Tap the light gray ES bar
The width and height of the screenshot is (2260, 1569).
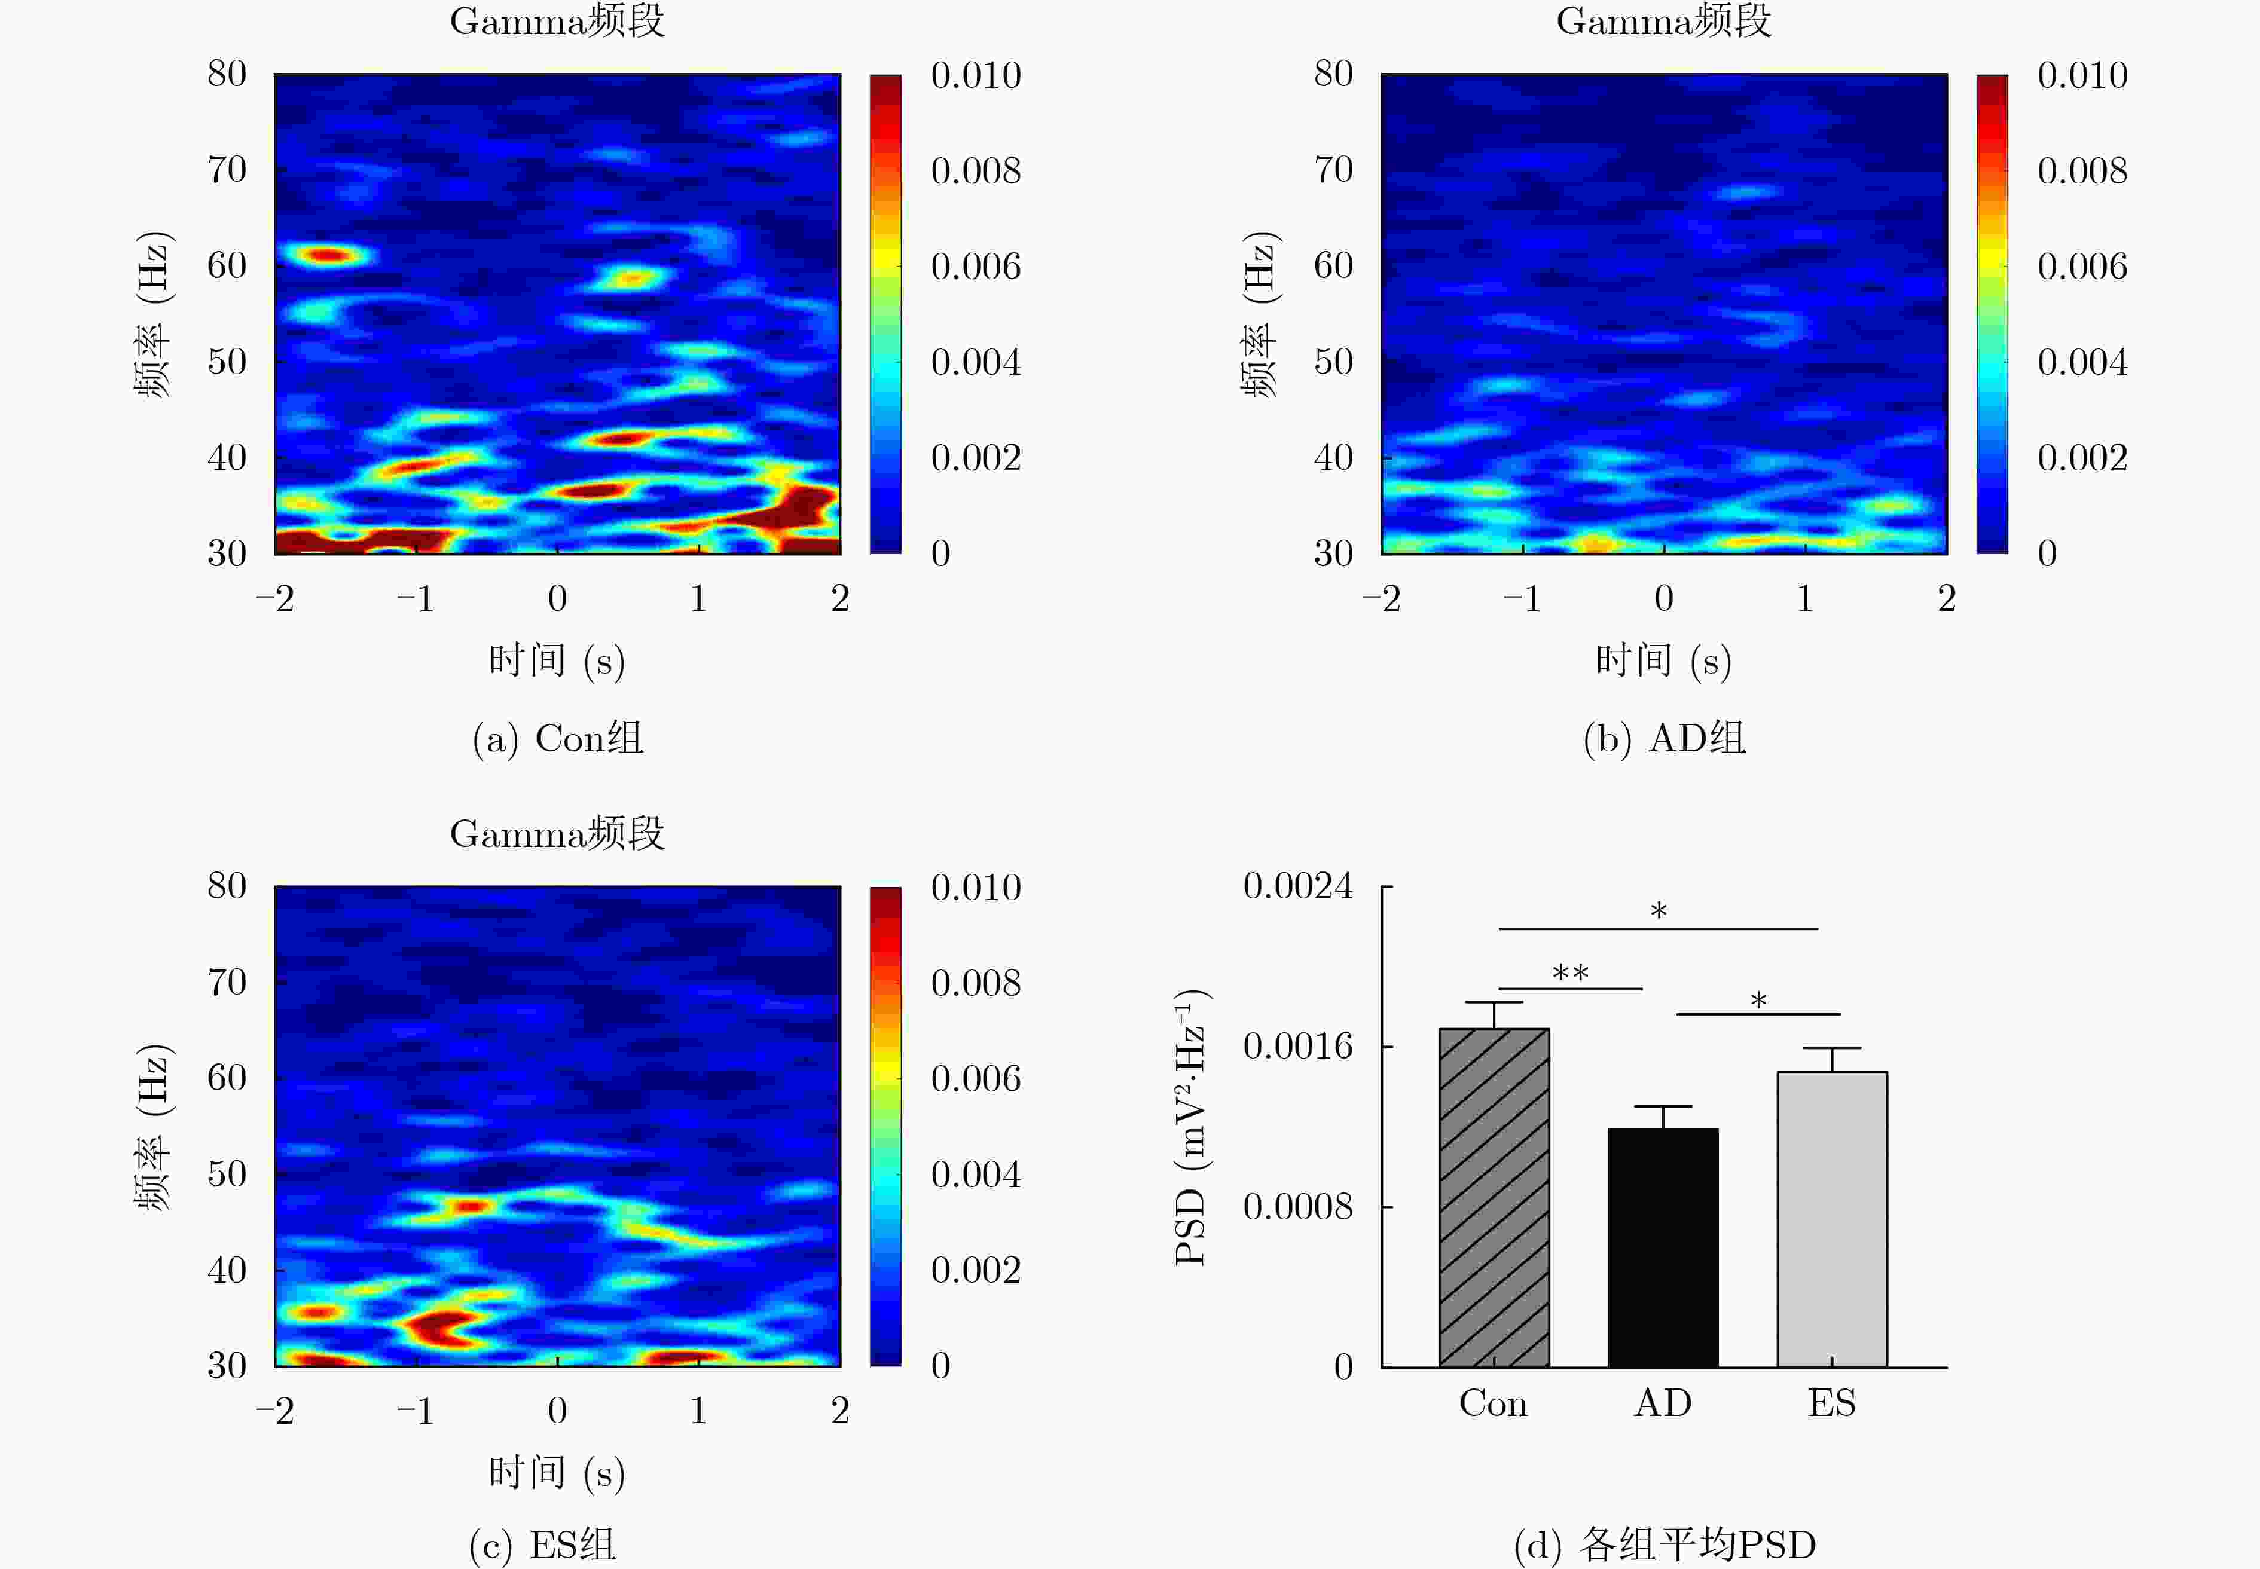1831,1219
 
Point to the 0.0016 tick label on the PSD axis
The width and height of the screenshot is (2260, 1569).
1297,1046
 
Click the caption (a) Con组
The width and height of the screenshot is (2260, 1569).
558,738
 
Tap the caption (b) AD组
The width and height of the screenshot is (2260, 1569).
1664,738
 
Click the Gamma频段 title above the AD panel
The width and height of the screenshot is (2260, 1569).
1663,21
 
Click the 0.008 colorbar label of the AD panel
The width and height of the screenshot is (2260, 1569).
2082,171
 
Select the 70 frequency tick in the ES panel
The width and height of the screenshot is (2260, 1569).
227,982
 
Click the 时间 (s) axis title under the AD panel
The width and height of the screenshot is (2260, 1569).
1663,660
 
